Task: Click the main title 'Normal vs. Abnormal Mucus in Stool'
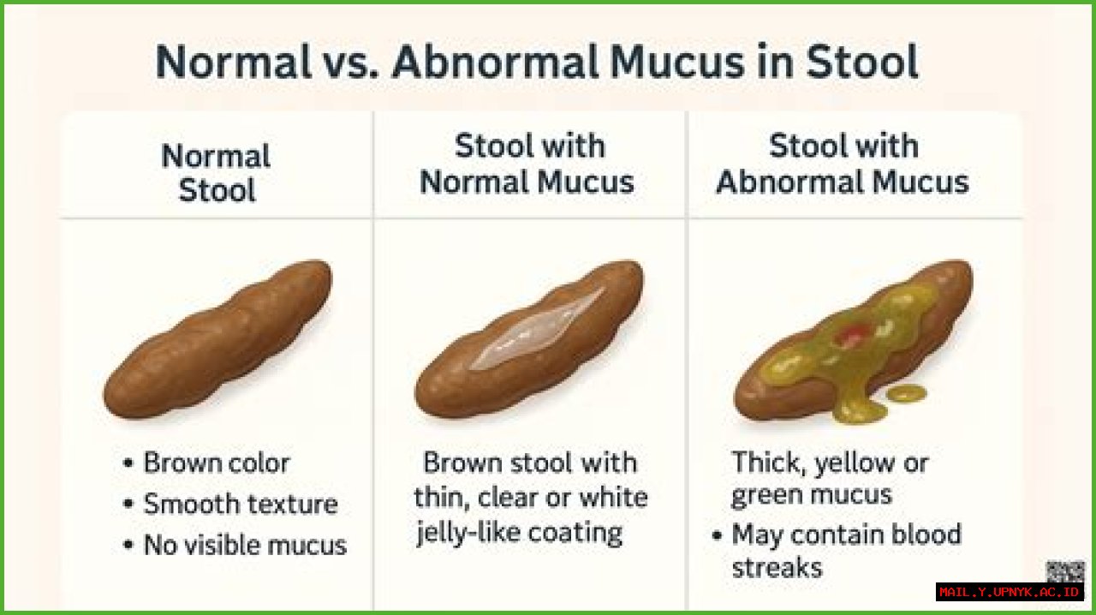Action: [537, 62]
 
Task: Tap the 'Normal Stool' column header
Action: [216, 173]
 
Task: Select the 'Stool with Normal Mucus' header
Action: [528, 164]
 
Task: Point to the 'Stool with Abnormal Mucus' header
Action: [843, 164]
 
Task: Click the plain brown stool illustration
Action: [217, 342]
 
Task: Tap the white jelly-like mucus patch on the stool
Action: [538, 329]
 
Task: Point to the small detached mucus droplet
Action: [906, 393]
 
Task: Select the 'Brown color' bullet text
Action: [216, 463]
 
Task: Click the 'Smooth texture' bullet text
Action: [240, 504]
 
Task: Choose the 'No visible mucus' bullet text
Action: [244, 545]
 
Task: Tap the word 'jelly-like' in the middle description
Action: [469, 533]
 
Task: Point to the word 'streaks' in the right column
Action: [777, 567]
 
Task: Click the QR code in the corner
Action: [1065, 572]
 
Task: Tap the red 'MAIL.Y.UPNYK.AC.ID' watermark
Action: [1010, 592]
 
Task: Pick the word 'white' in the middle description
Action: [613, 498]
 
